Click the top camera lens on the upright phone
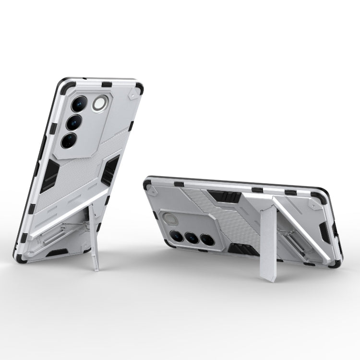pyautogui.click(x=79, y=104)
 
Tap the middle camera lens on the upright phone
pyautogui.click(x=74, y=122)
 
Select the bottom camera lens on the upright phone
pyautogui.click(x=69, y=140)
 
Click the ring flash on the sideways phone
pyautogui.click(x=170, y=220)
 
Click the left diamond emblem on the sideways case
pyautogui.click(x=153, y=191)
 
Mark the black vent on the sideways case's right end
pyautogui.click(x=324, y=232)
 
